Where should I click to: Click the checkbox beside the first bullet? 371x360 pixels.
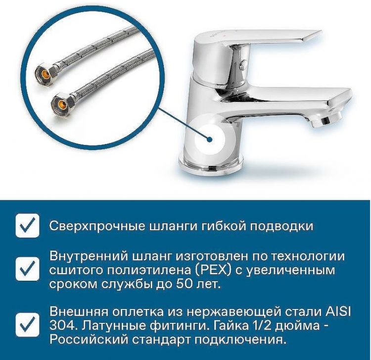coord(27,226)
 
